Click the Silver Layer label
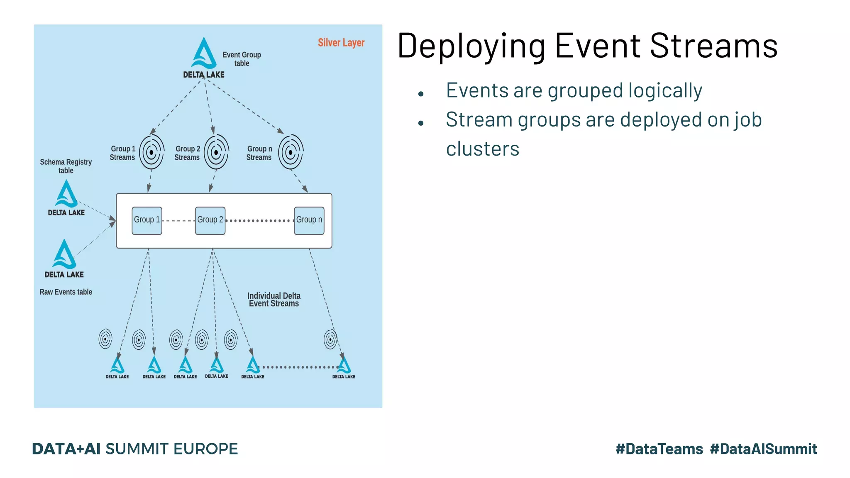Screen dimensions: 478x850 (341, 43)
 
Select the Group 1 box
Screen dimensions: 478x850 (147, 220)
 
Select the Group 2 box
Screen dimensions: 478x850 (210, 220)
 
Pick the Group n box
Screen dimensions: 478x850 (309, 220)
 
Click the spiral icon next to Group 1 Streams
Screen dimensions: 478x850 (151, 152)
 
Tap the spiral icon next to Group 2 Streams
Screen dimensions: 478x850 (216, 152)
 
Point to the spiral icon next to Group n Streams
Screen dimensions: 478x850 (291, 152)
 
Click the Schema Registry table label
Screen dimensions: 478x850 (66, 166)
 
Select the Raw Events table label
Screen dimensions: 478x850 (66, 292)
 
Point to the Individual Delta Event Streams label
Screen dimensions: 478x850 (274, 300)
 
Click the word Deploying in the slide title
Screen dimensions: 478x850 (471, 46)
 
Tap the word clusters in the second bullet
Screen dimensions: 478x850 (482, 149)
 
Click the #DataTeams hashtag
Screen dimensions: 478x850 (659, 449)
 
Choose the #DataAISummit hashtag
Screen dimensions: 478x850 (763, 449)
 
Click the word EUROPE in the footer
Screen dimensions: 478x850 (205, 449)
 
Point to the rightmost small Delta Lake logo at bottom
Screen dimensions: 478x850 (344, 367)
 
